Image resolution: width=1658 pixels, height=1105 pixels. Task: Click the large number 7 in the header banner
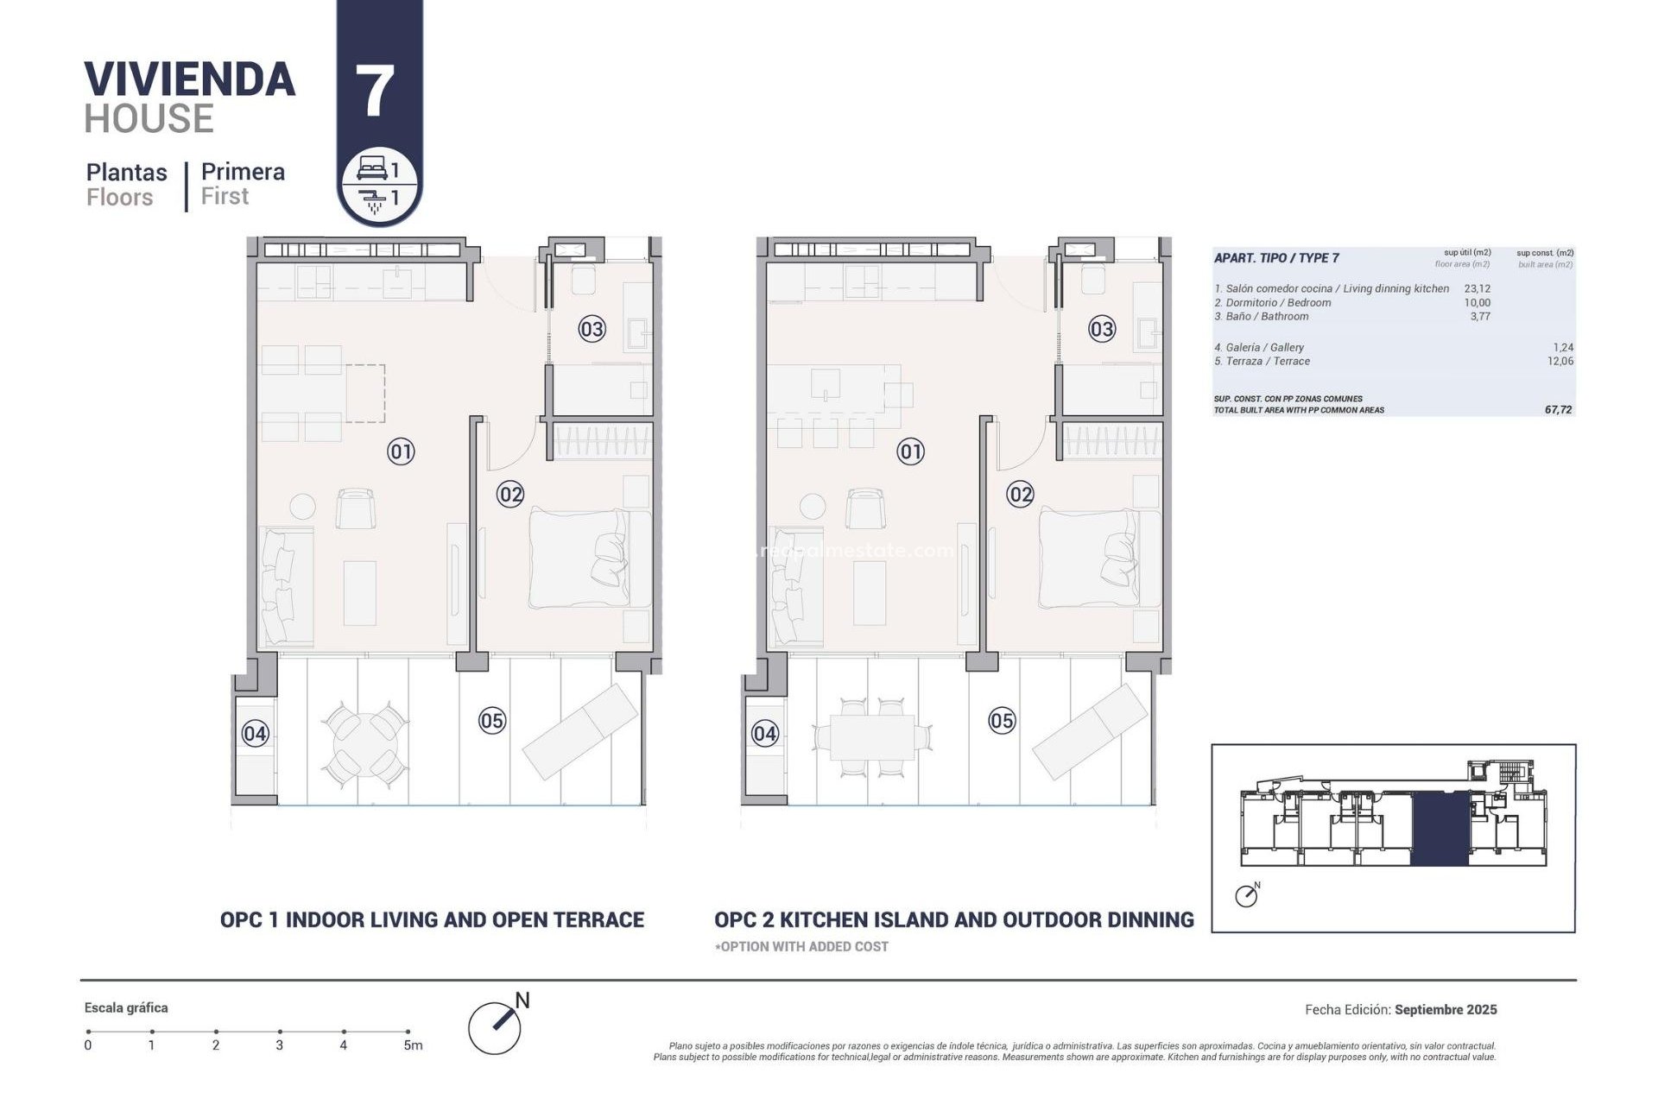pos(375,92)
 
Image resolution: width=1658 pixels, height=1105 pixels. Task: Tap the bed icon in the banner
pos(371,169)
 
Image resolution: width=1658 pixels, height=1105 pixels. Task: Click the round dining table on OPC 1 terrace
pos(364,742)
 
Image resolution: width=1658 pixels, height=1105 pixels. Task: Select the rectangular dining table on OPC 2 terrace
pos(872,737)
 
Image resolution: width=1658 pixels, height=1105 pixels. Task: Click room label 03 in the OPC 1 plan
pos(592,329)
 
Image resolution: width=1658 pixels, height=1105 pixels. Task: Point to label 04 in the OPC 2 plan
pos(764,734)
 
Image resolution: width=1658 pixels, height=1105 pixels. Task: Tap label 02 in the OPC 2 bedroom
pos(1020,495)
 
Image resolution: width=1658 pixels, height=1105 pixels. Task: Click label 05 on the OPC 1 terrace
pos(491,721)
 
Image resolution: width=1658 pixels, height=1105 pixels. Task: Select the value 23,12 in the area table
pos(1477,289)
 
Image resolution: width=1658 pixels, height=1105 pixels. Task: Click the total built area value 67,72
pos(1558,410)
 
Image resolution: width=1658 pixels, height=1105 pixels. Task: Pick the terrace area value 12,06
pos(1560,362)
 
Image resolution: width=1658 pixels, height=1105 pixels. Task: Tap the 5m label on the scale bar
pos(413,1045)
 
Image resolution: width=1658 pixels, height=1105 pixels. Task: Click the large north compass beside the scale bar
pos(495,1026)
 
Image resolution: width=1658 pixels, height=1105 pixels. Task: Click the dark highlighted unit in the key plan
pos(1440,829)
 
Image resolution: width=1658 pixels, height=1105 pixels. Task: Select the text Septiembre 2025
pos(1446,1009)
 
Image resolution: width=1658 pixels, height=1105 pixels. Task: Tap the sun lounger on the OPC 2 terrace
pos(1090,730)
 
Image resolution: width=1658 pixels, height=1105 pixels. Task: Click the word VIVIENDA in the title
pos(190,79)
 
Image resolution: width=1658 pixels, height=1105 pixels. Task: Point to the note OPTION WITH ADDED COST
pos(802,946)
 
